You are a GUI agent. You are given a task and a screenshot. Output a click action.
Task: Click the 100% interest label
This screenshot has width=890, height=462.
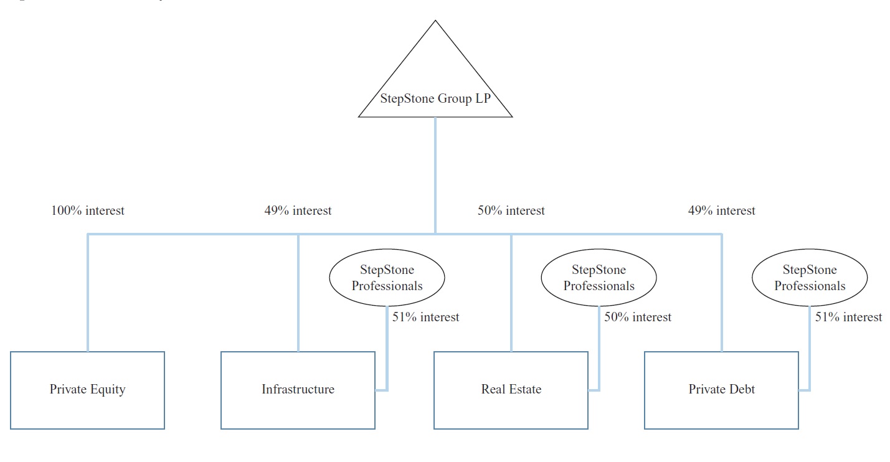click(x=87, y=211)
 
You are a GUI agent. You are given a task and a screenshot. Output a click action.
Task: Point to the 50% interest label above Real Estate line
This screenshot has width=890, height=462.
click(x=511, y=211)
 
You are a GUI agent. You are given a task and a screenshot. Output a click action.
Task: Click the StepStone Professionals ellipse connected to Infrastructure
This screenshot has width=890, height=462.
click(x=387, y=278)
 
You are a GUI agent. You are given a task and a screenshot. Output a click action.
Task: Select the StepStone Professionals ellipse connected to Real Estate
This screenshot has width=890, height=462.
click(x=599, y=278)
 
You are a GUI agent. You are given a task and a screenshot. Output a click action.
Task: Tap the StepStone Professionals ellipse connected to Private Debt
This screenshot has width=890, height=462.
click(x=810, y=278)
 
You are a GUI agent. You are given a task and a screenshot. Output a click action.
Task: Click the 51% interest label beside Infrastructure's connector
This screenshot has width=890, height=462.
click(x=425, y=318)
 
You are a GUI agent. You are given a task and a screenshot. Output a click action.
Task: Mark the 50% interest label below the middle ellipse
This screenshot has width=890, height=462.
click(x=638, y=318)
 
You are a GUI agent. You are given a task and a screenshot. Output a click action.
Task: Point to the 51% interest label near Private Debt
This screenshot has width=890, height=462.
click(x=848, y=318)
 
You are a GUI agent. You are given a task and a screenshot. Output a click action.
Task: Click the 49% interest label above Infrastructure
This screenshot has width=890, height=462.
click(x=298, y=211)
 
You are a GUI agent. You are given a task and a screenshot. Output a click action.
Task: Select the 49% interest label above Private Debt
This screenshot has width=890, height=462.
click(x=721, y=211)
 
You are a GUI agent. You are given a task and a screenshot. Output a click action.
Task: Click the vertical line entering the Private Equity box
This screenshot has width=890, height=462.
click(x=88, y=293)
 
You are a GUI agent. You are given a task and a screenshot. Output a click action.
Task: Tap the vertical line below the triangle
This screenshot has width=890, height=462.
click(x=435, y=174)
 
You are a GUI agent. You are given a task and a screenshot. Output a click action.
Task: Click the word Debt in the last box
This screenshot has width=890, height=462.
click(x=741, y=390)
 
